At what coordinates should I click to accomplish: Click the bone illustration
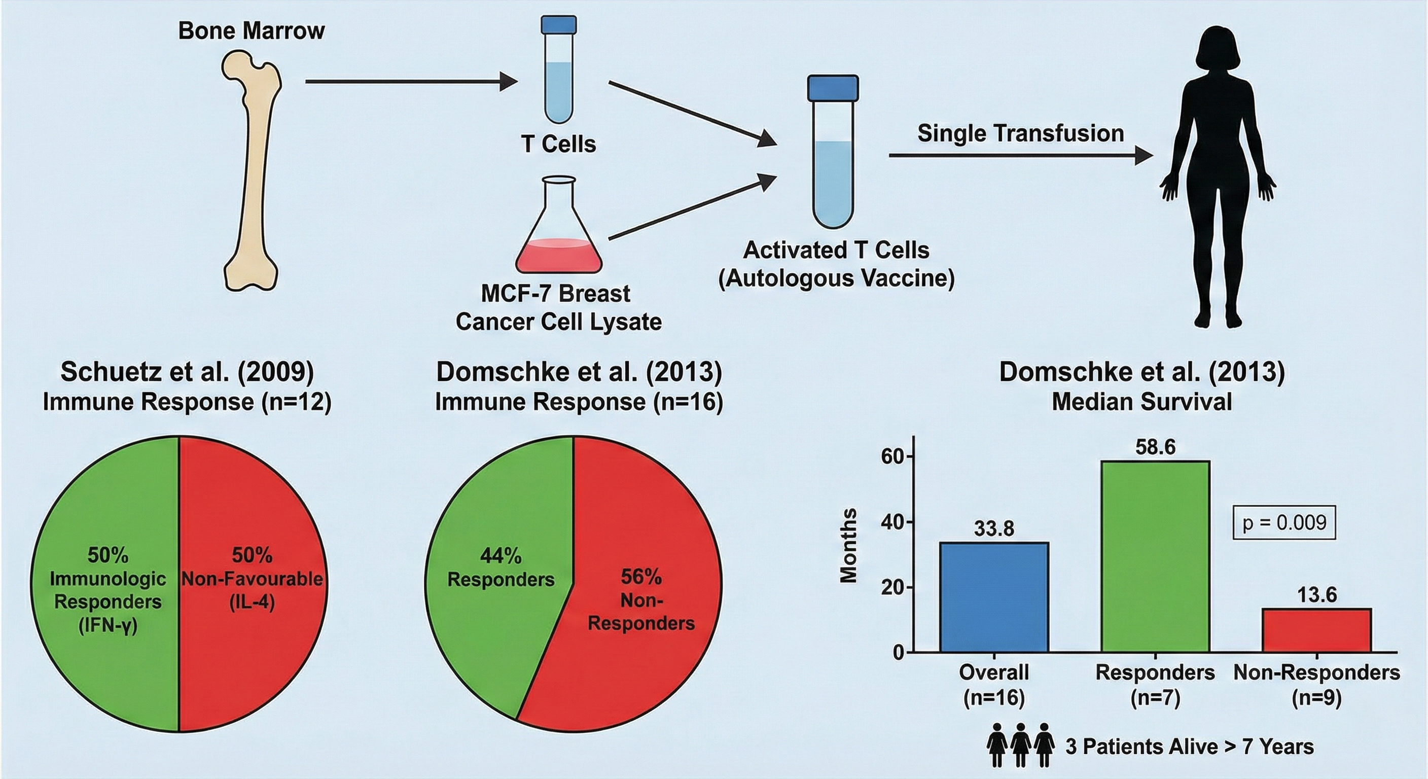(252, 172)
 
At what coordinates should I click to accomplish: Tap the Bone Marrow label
(251, 31)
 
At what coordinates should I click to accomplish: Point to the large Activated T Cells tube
(833, 161)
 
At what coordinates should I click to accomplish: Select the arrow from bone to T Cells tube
(410, 82)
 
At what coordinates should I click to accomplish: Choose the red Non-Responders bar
(1316, 630)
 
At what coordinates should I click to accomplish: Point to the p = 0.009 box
(1284, 522)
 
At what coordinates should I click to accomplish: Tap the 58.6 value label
(1155, 447)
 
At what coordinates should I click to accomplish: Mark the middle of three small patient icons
(1021, 746)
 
